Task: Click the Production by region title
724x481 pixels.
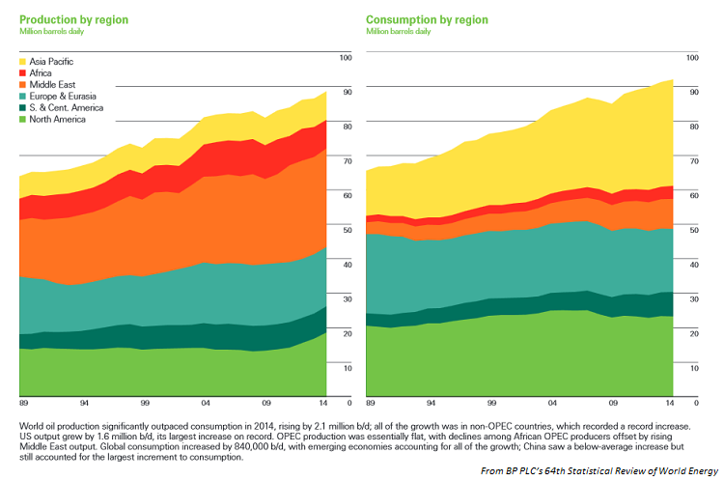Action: pyautogui.click(x=73, y=19)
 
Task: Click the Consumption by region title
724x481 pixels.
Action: pyautogui.click(x=425, y=19)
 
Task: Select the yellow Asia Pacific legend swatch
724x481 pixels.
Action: pyautogui.click(x=24, y=61)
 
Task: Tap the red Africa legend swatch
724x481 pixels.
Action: pyautogui.click(x=24, y=72)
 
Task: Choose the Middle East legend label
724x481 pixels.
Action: pyautogui.click(x=54, y=85)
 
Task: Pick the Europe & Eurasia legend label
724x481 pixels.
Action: pyautogui.click(x=65, y=97)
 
